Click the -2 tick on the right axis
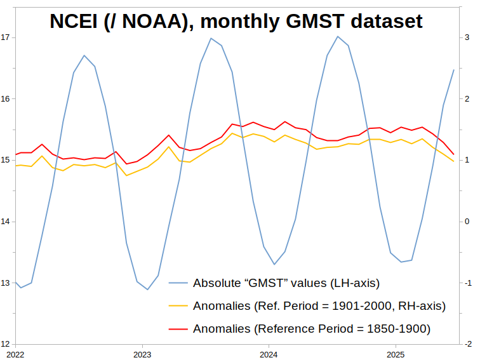[468, 344]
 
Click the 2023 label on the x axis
[142, 353]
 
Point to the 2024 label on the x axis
[269, 353]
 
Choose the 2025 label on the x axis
[396, 353]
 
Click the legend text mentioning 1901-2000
[319, 306]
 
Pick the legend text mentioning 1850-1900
[312, 329]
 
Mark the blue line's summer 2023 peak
[211, 38]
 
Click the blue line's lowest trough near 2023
[148, 290]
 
